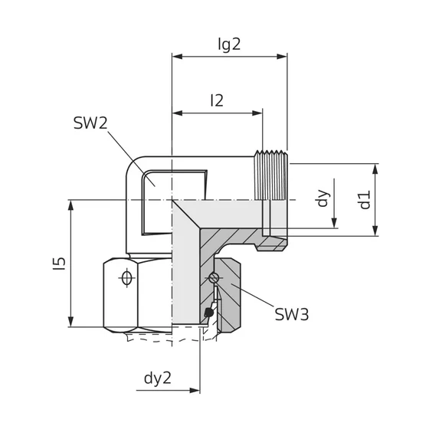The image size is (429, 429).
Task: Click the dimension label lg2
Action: (228, 44)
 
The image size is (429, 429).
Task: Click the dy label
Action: (323, 198)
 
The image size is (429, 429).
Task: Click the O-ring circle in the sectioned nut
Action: (218, 277)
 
